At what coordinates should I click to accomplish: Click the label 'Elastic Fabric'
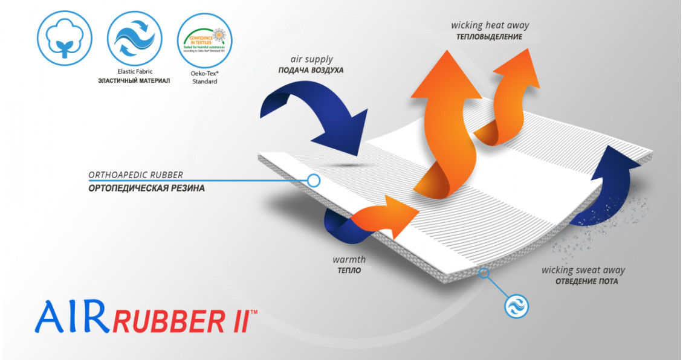134,71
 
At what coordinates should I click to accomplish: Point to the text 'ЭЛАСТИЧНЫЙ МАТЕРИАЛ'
134,81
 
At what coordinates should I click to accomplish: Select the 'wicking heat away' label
490,25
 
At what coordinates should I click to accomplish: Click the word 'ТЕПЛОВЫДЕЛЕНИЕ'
490,37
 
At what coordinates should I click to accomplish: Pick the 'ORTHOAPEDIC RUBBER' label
135,175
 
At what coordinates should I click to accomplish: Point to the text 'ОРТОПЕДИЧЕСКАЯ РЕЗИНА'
146,188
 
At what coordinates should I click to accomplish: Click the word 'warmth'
349,260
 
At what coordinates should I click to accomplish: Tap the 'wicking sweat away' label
583,270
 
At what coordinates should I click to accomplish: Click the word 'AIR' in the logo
71,318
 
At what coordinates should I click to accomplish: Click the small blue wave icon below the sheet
516,305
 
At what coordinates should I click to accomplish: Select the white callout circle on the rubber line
314,179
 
